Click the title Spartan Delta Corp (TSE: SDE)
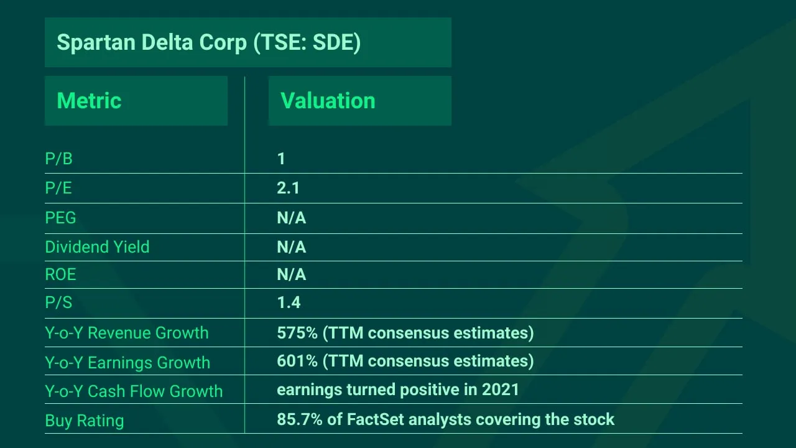tap(208, 42)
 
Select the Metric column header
tap(89, 101)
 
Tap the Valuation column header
tap(328, 101)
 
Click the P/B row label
tap(58, 159)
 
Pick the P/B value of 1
tap(281, 159)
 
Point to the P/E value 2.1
tap(288, 188)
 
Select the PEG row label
tap(60, 218)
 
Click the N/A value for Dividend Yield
tap(291, 247)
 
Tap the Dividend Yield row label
tap(97, 247)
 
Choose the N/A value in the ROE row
tap(291, 274)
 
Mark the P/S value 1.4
tap(289, 302)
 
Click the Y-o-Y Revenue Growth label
tap(127, 333)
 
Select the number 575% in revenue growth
tap(297, 333)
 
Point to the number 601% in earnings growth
tap(297, 361)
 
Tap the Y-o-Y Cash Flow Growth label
tap(134, 391)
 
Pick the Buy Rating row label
tap(84, 421)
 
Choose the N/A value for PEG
tap(291, 218)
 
